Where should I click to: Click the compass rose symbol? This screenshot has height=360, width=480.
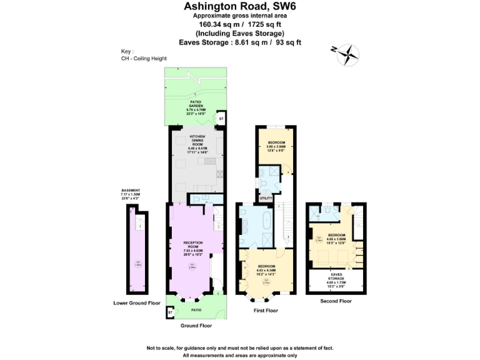click(x=348, y=55)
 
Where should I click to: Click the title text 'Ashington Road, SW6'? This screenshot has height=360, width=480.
click(x=240, y=6)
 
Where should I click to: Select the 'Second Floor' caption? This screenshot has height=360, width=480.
click(x=336, y=301)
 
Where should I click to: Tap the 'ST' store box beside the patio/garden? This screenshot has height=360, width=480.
click(x=221, y=118)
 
